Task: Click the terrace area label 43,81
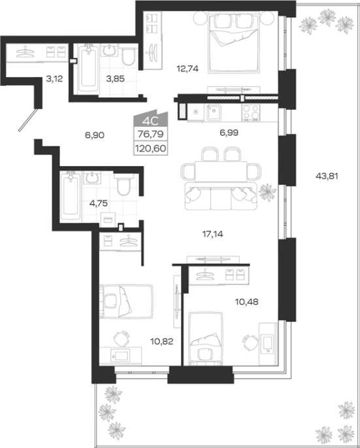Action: pyautogui.click(x=327, y=176)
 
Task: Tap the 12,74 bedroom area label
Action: pyautogui.click(x=188, y=69)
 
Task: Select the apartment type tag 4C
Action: pyautogui.click(x=150, y=122)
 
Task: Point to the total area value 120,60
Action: pyautogui.click(x=151, y=148)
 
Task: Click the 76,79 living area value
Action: pyautogui.click(x=151, y=133)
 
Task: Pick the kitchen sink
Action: pyautogui.click(x=213, y=112)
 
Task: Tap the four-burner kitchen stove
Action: pyautogui.click(x=251, y=112)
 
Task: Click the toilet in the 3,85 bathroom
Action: pyautogui.click(x=128, y=56)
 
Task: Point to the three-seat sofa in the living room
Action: pyautogui.click(x=221, y=197)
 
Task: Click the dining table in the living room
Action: pyautogui.click(x=221, y=171)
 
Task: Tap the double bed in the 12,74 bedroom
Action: pyautogui.click(x=234, y=43)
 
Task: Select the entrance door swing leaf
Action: pyautogui.click(x=28, y=120)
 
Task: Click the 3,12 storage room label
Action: pyautogui.click(x=54, y=78)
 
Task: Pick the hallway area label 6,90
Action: pyautogui.click(x=95, y=135)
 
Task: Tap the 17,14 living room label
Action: pyautogui.click(x=213, y=234)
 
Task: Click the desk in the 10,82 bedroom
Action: pyautogui.click(x=120, y=355)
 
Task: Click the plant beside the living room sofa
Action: pyautogui.click(x=267, y=192)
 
